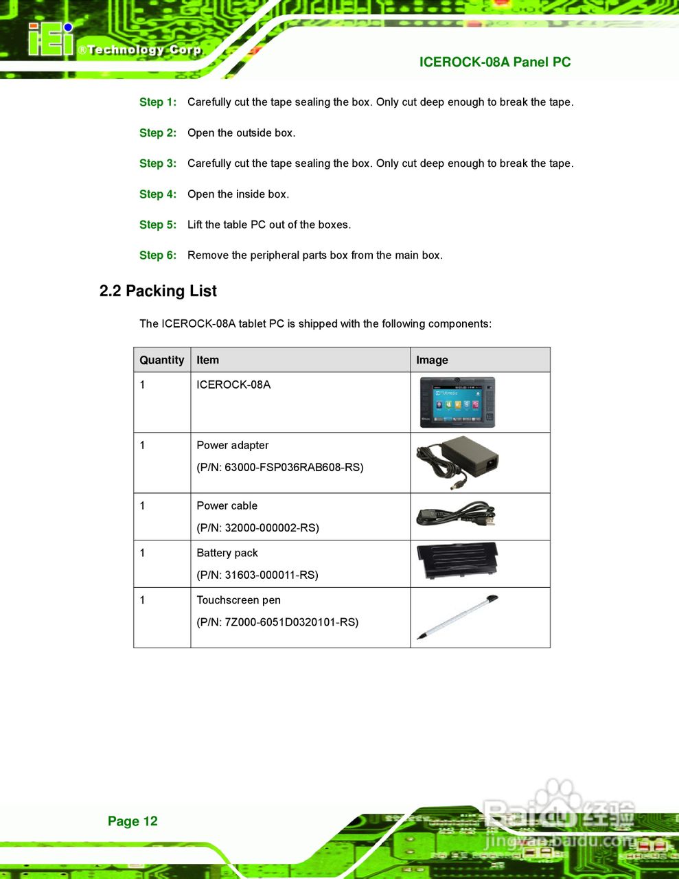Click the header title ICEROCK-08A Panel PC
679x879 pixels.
(x=494, y=62)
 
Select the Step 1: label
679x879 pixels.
(x=158, y=102)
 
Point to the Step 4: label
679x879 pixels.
(x=158, y=194)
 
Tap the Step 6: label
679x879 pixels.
(x=158, y=255)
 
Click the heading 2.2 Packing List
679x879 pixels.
(x=158, y=291)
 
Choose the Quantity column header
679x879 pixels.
(x=162, y=360)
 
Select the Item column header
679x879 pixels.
(x=207, y=360)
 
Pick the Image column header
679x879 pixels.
(x=432, y=360)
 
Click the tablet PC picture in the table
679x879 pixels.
(x=457, y=402)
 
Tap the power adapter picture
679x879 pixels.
(x=457, y=462)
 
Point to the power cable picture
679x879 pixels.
(x=455, y=516)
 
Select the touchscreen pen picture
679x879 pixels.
(x=457, y=617)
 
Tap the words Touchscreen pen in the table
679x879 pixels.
(x=238, y=600)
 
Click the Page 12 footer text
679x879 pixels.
(x=133, y=821)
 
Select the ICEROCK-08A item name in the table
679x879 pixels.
(x=233, y=385)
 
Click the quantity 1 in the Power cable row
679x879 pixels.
(x=143, y=506)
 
